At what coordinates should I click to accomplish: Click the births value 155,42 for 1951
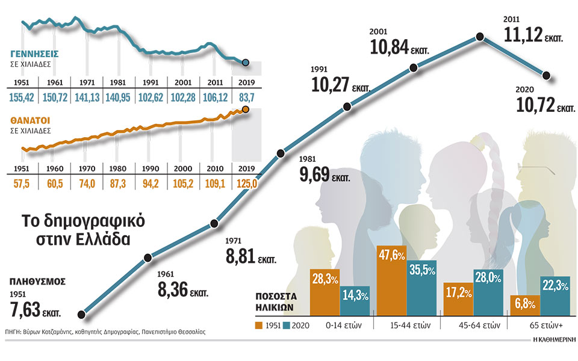pyautogui.click(x=22, y=97)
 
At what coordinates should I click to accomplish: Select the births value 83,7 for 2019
pyautogui.click(x=247, y=97)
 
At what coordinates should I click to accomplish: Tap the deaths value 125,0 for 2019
pyautogui.click(x=247, y=183)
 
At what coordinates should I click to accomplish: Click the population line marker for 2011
pyautogui.click(x=480, y=37)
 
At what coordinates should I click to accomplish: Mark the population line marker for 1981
pyautogui.click(x=279, y=154)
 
